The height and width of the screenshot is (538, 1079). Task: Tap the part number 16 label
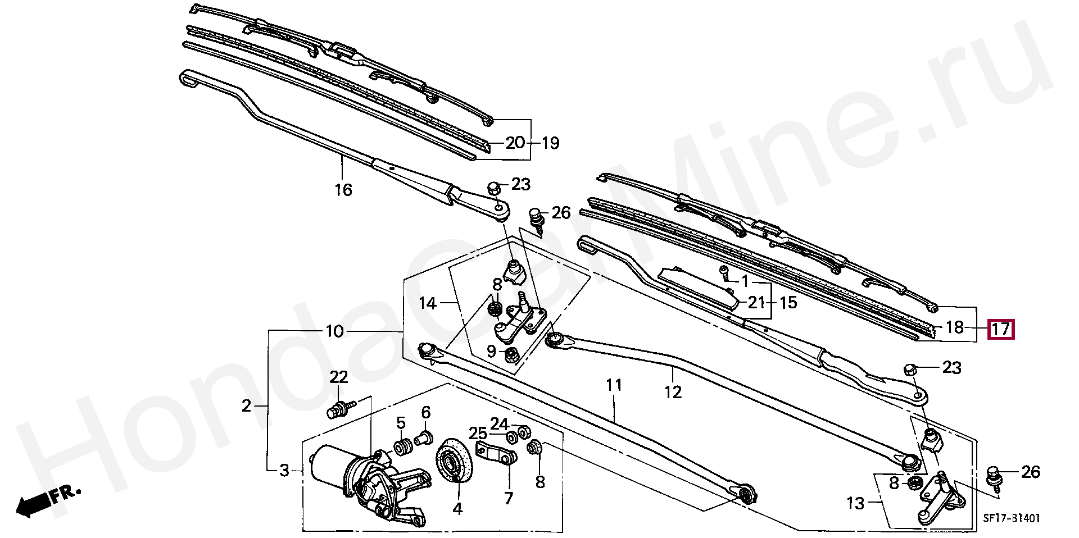pos(343,190)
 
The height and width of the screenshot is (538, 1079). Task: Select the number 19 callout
pos(551,143)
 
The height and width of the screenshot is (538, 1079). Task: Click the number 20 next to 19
pos(515,143)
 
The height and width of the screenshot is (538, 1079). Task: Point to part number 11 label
pos(614,386)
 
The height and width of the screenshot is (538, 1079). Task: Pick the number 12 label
pos(673,392)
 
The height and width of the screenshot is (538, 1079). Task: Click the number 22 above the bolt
pos(338,377)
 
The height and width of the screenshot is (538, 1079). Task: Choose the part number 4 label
pos(457,509)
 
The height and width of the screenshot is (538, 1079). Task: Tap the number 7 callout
pos(509,498)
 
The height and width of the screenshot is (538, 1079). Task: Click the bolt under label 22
pos(339,408)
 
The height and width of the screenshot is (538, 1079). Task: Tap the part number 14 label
pos(427,304)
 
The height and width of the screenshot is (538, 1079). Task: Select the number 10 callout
pos(334,331)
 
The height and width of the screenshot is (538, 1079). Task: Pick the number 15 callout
pos(788,303)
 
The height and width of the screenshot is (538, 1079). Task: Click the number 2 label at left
pos(246,405)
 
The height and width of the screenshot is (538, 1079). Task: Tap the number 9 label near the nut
pos(491,352)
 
